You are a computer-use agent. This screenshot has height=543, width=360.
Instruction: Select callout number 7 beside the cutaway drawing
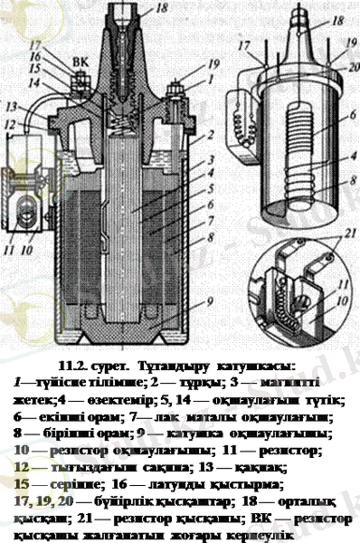pyautogui.click(x=211, y=219)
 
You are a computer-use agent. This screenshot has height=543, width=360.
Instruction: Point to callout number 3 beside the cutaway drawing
pyautogui.click(x=211, y=160)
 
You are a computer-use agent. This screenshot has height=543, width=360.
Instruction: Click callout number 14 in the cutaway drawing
pyautogui.click(x=33, y=82)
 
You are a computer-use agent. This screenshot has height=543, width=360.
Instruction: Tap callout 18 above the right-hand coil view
pyautogui.click(x=338, y=18)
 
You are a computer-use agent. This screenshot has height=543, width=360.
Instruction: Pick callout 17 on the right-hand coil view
pyautogui.click(x=242, y=42)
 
